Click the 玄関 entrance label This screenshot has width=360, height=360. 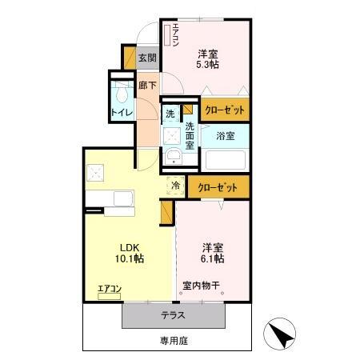tap(146, 58)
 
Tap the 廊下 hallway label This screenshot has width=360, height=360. tap(146, 84)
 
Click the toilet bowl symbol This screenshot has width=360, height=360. tap(122, 90)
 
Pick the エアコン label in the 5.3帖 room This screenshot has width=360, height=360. tap(174, 37)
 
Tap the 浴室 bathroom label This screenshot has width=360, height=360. tap(225, 136)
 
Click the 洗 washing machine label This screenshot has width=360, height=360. tap(170, 114)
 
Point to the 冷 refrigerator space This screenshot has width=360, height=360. tap(175, 186)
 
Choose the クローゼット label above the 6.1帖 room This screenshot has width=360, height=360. tap(218, 187)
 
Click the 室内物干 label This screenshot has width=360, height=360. tap(200, 284)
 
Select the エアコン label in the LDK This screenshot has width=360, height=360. tap(109, 288)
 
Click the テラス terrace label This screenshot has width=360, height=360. tap(173, 315)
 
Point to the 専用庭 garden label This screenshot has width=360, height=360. tap(173, 339)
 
